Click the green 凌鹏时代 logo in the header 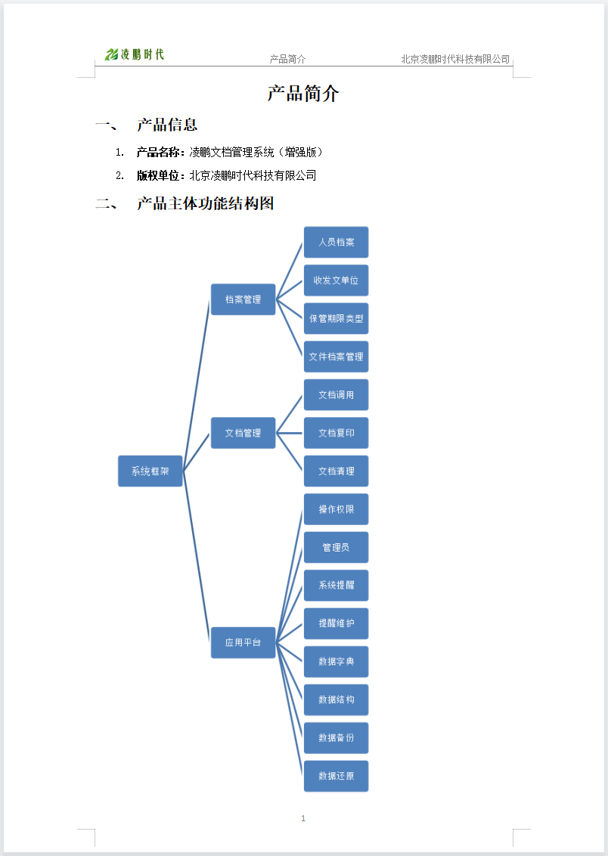(x=135, y=54)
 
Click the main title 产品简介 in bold (x=303, y=94)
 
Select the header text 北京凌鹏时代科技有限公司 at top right (x=455, y=59)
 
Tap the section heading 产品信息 (x=167, y=125)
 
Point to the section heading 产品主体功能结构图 (x=206, y=204)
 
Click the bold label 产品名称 (x=158, y=153)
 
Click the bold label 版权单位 (x=158, y=176)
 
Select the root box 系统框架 (x=150, y=471)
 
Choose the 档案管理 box (x=243, y=299)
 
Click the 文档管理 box (x=243, y=433)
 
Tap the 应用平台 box (x=243, y=642)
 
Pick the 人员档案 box (x=336, y=242)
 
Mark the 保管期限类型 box (x=336, y=318)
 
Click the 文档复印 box (x=336, y=433)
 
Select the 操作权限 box (x=336, y=509)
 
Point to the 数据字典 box (x=336, y=662)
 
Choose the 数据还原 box (x=336, y=777)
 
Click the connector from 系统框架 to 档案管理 (x=197, y=385)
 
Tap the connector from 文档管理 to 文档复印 (x=290, y=433)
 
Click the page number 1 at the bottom (x=303, y=818)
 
